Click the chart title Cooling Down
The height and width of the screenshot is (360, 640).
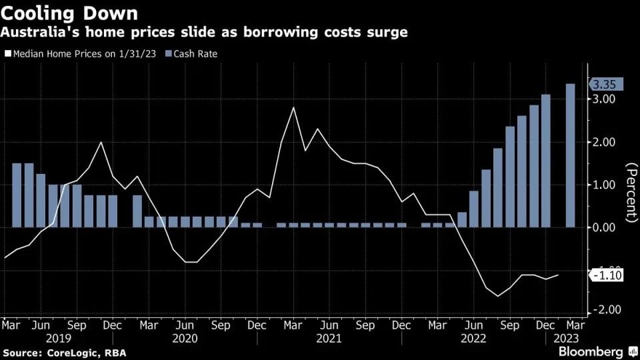(x=69, y=13)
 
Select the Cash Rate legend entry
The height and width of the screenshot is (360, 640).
(x=195, y=54)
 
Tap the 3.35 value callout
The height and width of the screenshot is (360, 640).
(x=605, y=84)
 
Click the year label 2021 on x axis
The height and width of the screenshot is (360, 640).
(x=329, y=338)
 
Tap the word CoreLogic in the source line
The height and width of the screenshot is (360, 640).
(x=69, y=352)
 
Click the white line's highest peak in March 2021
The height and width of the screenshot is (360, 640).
(x=293, y=107)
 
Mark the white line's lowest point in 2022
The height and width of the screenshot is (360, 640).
(x=498, y=296)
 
